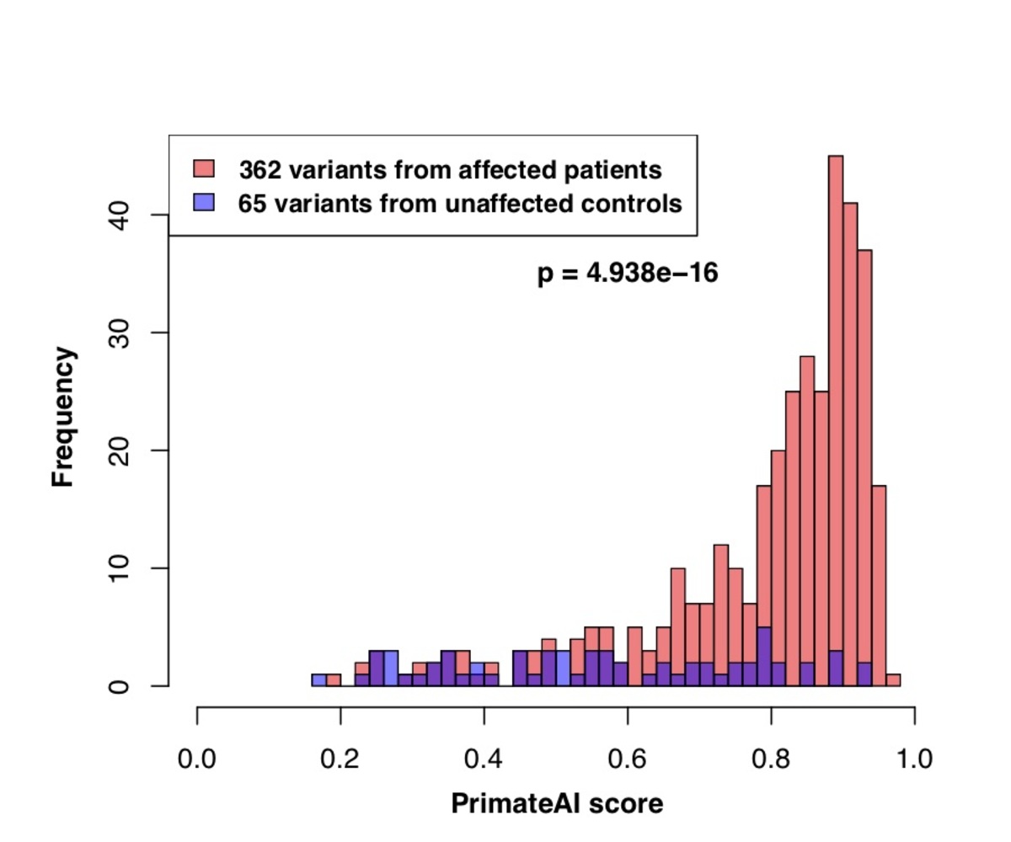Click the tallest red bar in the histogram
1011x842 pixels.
[x=835, y=404]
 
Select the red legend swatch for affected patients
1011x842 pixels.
[x=205, y=168]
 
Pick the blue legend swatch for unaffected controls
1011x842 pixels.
[x=205, y=203]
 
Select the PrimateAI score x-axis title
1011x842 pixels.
[x=557, y=804]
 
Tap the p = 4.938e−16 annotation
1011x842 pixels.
[x=628, y=274]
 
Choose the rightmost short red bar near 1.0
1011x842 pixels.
[x=894, y=680]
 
